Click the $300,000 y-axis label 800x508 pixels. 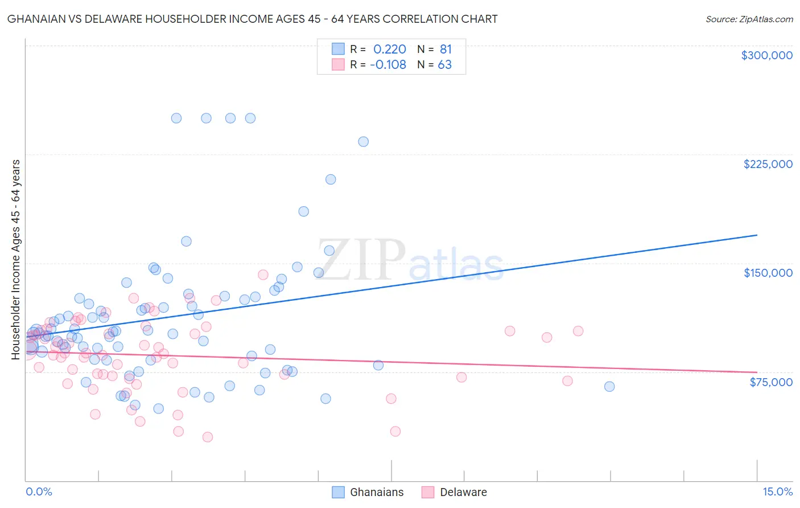tap(766, 55)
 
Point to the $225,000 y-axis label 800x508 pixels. tap(768, 164)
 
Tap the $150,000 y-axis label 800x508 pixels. tap(768, 273)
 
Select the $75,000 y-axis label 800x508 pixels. tap(770, 382)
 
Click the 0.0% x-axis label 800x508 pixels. tap(39, 491)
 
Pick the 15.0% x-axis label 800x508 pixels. tap(777, 491)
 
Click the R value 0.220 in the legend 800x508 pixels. tap(389, 50)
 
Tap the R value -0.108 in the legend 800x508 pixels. tap(387, 64)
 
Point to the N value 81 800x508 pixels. tap(446, 50)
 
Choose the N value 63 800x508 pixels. tap(444, 64)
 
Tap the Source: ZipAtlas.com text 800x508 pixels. tap(749, 19)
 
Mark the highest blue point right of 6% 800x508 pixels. tap(363, 142)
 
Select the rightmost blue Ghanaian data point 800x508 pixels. tap(609, 387)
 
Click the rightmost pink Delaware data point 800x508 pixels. tap(578, 331)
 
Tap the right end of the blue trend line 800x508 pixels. tap(757, 235)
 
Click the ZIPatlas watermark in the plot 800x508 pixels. tap(410, 260)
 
